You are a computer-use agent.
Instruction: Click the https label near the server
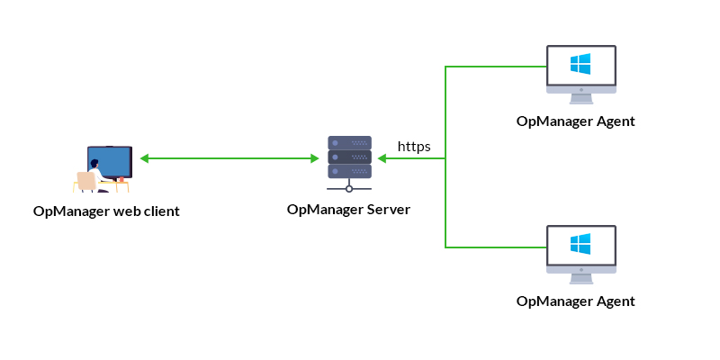414,146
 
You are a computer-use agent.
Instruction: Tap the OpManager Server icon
349,162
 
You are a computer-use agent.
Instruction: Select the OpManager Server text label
348,210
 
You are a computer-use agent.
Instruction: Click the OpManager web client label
106,211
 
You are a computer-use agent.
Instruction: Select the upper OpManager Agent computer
581,70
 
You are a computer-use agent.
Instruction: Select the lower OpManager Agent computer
581,250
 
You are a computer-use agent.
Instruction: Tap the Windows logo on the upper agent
580,64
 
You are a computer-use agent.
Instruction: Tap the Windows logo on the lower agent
580,244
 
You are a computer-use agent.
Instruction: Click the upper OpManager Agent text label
576,121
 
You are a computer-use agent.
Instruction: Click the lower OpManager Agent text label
576,301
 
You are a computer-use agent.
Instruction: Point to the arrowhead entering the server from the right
382,158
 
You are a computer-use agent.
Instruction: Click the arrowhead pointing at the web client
144,158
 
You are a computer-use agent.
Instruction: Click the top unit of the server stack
349,142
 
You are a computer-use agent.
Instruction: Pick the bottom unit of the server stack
349,170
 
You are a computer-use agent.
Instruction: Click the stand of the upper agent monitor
581,90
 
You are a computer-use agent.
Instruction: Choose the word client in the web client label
159,211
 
